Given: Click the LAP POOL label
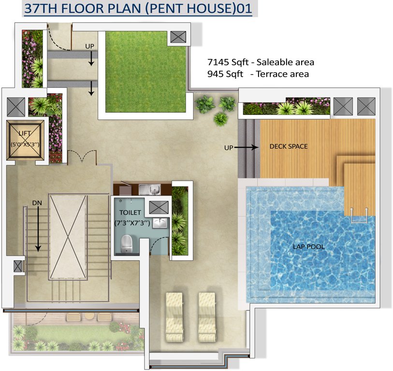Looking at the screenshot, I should (x=308, y=247).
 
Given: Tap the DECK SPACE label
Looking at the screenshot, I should (x=288, y=146).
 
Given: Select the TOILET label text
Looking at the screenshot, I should (x=131, y=212).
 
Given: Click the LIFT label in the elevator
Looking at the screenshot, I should (x=24, y=133).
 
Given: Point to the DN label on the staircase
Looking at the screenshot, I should (x=37, y=203).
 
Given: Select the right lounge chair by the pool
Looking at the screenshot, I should (x=207, y=316).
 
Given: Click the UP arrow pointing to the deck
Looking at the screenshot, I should (x=247, y=147).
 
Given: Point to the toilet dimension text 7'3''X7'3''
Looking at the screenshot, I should (x=131, y=223).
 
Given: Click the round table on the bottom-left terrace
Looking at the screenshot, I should (x=88, y=316).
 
